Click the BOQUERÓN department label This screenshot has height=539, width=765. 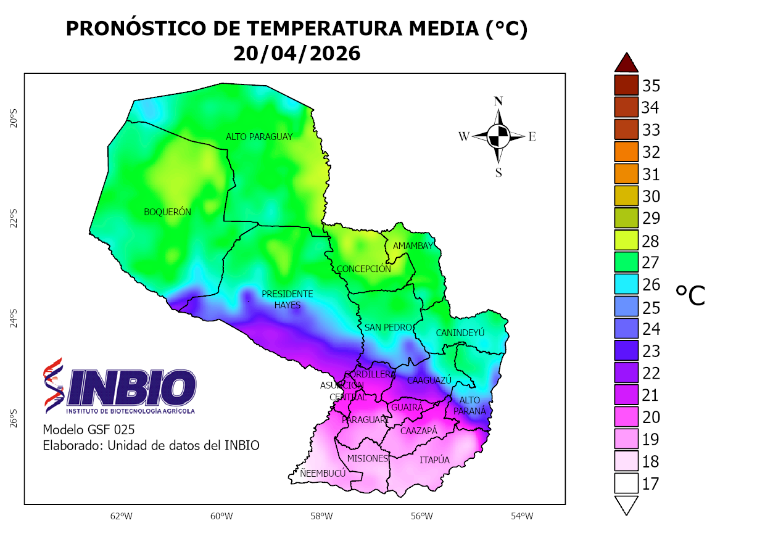[x=167, y=212]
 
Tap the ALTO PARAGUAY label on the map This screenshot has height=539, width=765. [x=258, y=137]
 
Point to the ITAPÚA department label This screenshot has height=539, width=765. [x=434, y=460]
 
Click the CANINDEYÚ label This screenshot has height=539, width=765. [x=460, y=333]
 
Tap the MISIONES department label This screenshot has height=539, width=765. [x=367, y=458]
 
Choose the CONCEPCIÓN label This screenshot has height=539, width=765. [x=363, y=269]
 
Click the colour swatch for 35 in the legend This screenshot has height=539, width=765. [x=626, y=85]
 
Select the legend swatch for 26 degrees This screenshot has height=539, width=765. [x=626, y=285]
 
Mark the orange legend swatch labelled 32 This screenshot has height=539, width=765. [x=626, y=152]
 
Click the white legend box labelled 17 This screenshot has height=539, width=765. [x=626, y=484]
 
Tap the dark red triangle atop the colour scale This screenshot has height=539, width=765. [x=626, y=62]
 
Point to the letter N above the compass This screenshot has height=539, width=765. [x=498, y=101]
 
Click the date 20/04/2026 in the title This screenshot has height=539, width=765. [x=296, y=54]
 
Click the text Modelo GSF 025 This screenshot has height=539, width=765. [x=88, y=429]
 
